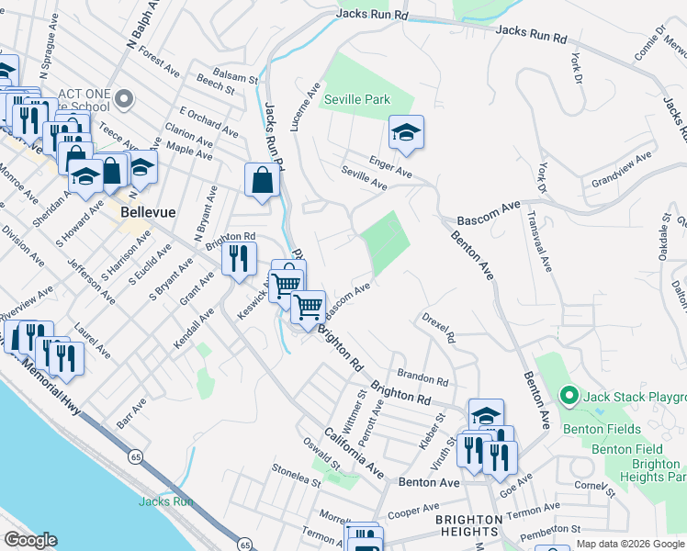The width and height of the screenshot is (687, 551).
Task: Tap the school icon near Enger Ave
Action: [x=406, y=134]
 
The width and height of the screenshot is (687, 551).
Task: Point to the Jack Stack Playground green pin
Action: [x=569, y=397]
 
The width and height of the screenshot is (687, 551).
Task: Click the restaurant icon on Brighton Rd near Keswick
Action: [x=239, y=260]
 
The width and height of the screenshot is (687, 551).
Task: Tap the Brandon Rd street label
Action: [x=423, y=377]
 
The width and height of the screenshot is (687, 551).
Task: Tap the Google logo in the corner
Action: [x=30, y=540]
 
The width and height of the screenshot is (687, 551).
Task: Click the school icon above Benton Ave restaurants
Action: [x=486, y=415]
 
